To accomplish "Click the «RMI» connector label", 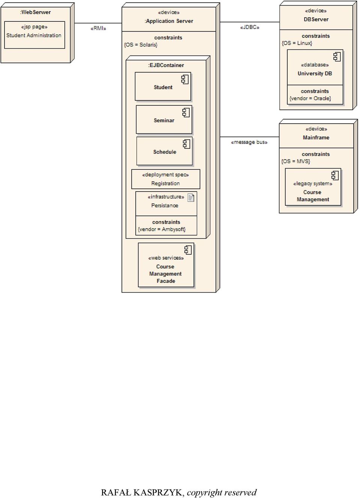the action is [x=98, y=28].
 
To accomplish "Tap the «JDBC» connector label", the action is [x=250, y=27].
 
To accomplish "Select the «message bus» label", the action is [x=249, y=142].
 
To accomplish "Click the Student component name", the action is [x=163, y=87].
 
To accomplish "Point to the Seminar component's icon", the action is [x=186, y=112].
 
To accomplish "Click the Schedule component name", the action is [x=165, y=152].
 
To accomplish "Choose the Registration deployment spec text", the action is [x=165, y=183].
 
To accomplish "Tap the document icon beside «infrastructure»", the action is [x=190, y=197].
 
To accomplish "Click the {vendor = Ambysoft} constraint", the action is [x=162, y=229].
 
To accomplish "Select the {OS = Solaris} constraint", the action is [x=141, y=45].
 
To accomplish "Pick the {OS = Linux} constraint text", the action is [x=297, y=43].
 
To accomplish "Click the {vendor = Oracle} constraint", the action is [x=310, y=98].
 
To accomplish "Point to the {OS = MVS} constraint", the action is [x=296, y=161].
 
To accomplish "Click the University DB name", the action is [x=315, y=73].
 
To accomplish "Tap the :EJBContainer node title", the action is [x=166, y=65].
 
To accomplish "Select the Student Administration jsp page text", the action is [x=34, y=35].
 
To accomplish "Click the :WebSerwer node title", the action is [x=35, y=12].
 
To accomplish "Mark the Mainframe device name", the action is [x=316, y=138].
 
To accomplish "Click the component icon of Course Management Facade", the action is [x=188, y=250].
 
